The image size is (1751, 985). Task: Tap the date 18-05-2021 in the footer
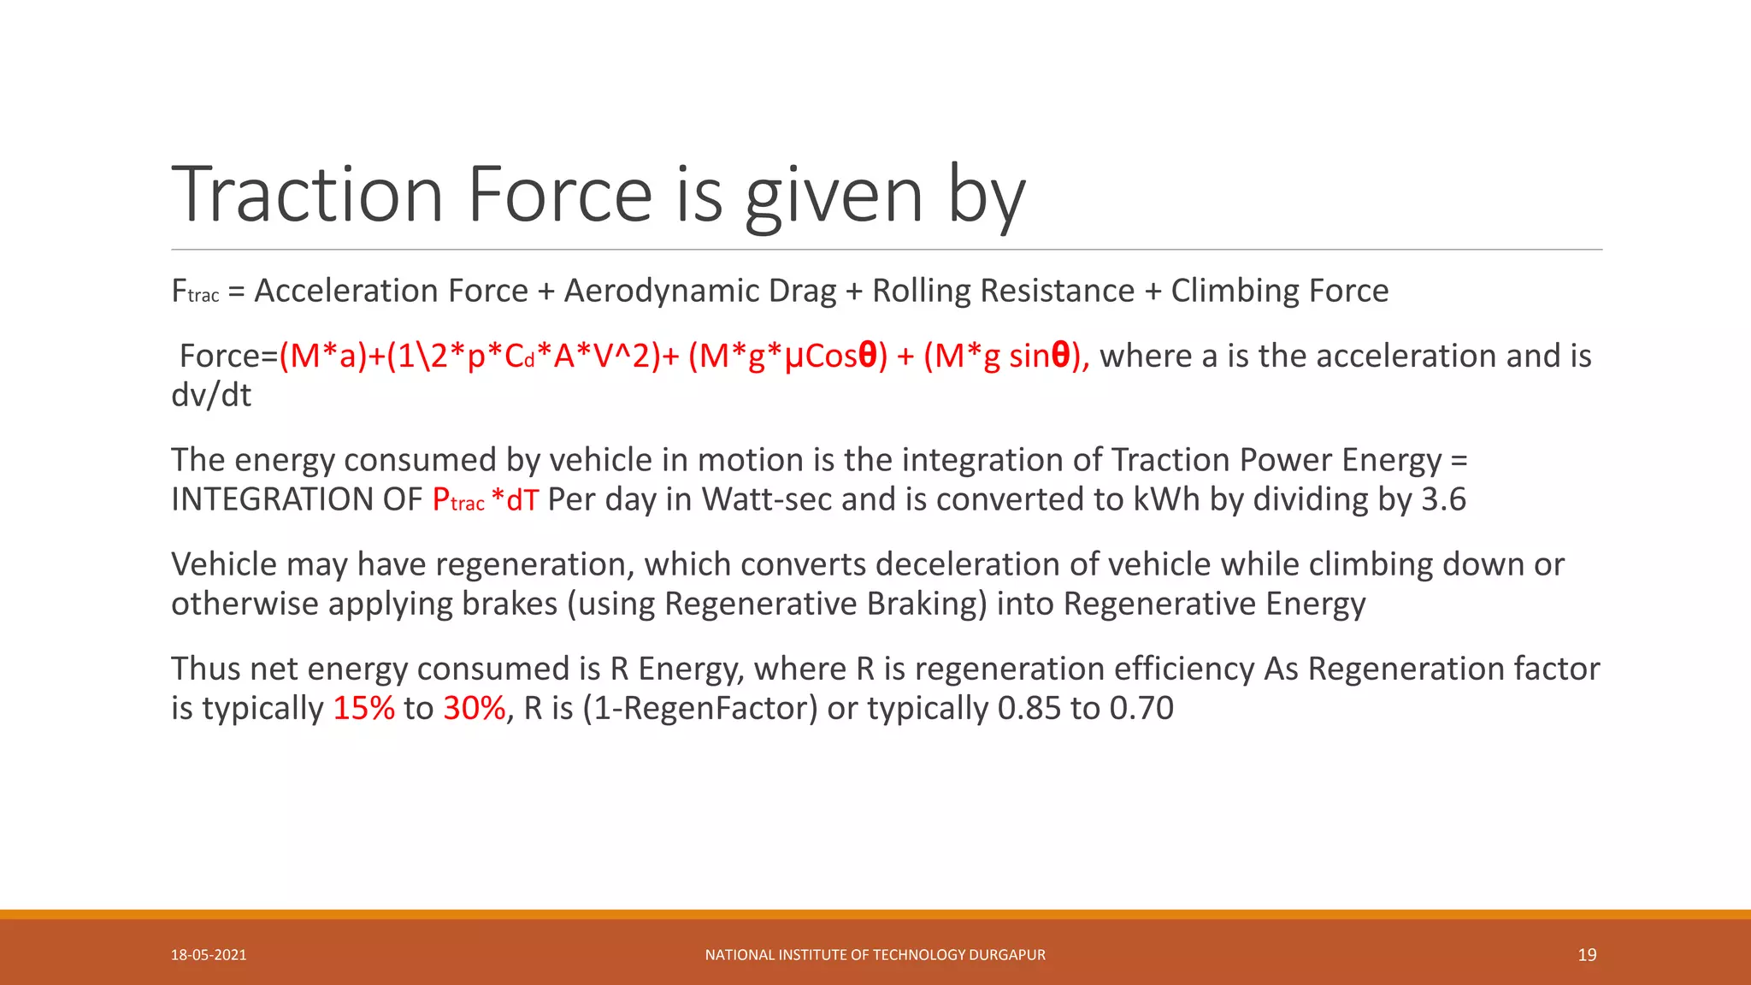tap(209, 955)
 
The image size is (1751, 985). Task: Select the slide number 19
tap(1587, 955)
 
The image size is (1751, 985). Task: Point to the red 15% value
tap(363, 708)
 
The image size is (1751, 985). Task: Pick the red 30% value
tap(475, 708)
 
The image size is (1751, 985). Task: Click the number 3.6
tap(1443, 499)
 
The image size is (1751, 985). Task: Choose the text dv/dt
tap(211, 395)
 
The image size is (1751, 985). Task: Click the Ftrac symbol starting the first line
tap(195, 292)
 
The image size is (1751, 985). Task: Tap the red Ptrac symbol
tap(458, 500)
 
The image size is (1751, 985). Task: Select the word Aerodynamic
tap(699, 291)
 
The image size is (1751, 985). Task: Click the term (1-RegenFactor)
tap(700, 708)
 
